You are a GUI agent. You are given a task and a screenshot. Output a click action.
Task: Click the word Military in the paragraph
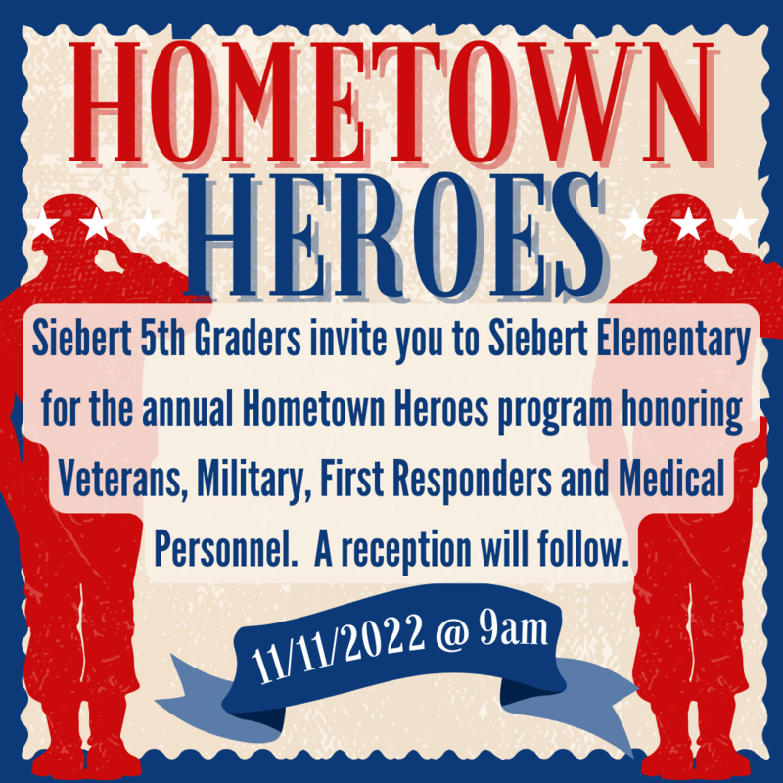[254, 480]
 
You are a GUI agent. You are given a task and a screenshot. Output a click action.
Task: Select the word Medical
[671, 479]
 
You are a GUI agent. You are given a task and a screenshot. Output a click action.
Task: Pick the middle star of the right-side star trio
[688, 223]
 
